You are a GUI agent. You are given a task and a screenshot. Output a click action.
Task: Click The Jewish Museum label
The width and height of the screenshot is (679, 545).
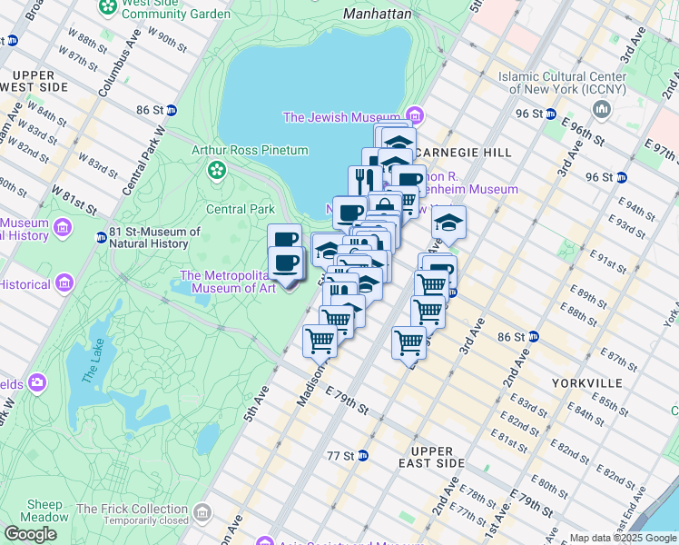[341, 117]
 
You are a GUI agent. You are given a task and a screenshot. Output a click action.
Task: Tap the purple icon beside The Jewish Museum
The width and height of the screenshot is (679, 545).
[415, 116]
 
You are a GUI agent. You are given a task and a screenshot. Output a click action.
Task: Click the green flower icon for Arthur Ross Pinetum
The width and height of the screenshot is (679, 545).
[217, 169]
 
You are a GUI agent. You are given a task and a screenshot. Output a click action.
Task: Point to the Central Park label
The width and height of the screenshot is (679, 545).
[240, 209]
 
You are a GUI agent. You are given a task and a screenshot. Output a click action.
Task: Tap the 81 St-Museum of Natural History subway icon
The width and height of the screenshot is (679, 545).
[101, 238]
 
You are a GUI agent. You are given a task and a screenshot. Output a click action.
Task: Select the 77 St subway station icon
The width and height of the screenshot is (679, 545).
[363, 455]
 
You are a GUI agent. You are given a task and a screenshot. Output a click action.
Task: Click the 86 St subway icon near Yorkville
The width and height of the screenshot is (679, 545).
[534, 337]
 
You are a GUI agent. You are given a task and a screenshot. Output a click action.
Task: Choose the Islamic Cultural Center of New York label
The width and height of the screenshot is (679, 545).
[562, 83]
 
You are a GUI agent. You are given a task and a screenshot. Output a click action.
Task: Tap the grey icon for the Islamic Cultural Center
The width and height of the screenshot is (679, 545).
[600, 110]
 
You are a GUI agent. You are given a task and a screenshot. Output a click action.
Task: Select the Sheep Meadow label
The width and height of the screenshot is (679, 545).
[44, 511]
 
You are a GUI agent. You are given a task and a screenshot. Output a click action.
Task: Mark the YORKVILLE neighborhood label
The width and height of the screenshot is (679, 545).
[586, 383]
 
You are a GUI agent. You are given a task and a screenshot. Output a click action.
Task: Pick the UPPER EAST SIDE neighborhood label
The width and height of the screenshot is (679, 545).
[438, 457]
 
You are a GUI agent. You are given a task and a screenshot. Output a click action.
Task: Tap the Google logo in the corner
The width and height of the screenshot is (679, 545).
[31, 534]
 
